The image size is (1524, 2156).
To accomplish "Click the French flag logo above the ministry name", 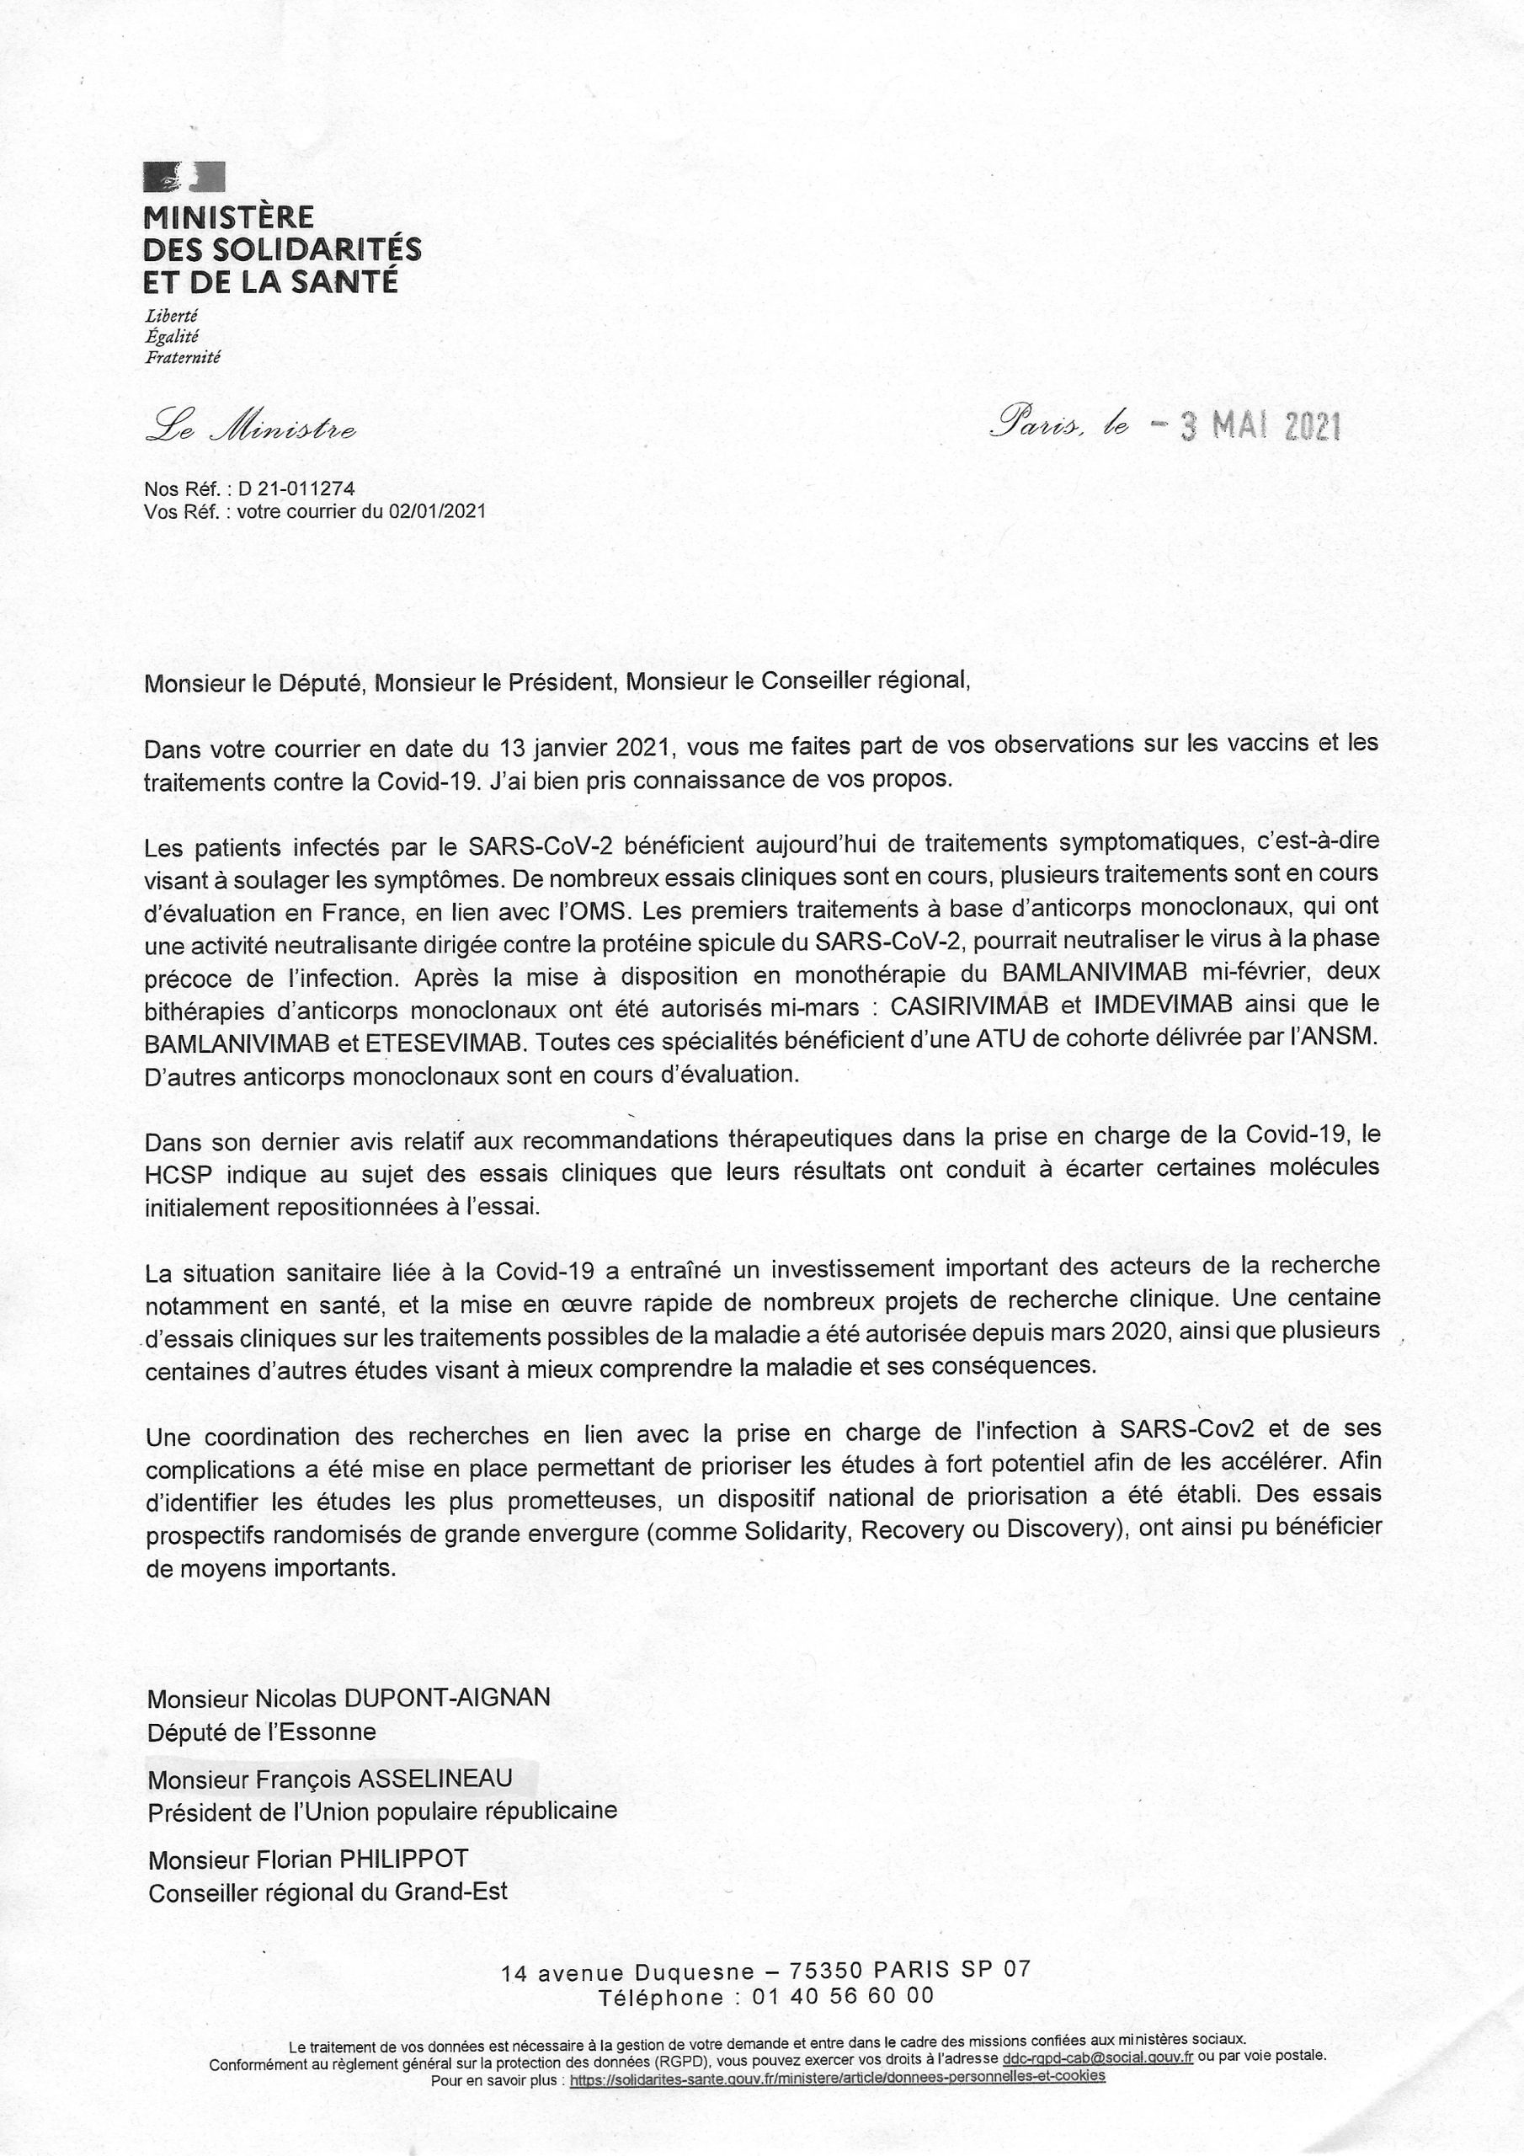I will tap(184, 177).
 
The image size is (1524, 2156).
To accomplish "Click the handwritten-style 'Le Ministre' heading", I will tap(250, 430).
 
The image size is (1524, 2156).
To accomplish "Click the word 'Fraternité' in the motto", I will tap(183, 358).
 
